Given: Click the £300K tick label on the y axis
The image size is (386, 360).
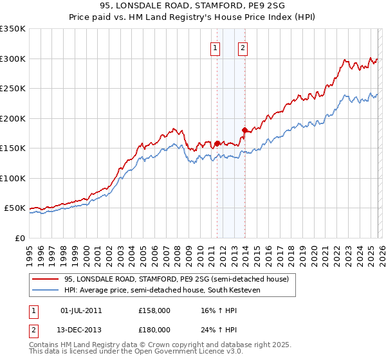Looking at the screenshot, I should coord(13,59).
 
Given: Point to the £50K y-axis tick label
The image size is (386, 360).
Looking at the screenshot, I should coord(15,208).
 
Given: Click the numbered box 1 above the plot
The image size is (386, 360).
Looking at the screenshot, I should coord(215,47).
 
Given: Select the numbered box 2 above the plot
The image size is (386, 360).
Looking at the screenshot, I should coord(243,47).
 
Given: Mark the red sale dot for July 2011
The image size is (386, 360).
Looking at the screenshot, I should coord(217,143).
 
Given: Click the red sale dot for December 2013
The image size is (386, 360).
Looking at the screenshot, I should coord(244,130).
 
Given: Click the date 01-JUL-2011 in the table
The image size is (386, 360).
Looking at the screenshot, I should coord(81,310).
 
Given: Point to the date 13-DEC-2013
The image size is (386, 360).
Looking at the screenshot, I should coord(81,330).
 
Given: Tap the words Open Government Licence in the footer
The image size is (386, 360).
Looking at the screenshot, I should coord(174,352).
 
